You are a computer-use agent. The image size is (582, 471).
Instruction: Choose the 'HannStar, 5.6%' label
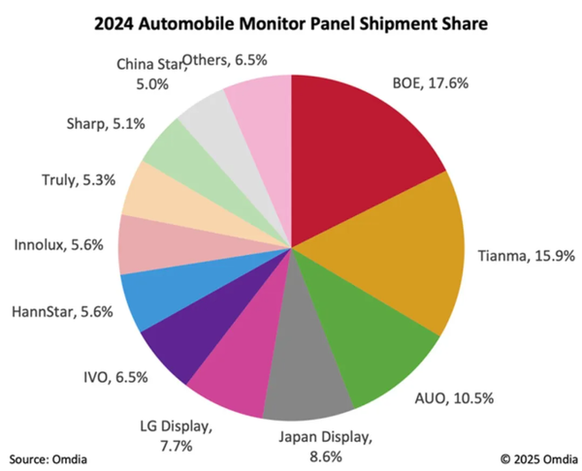tap(57, 312)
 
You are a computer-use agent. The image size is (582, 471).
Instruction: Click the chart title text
tap(291, 20)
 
